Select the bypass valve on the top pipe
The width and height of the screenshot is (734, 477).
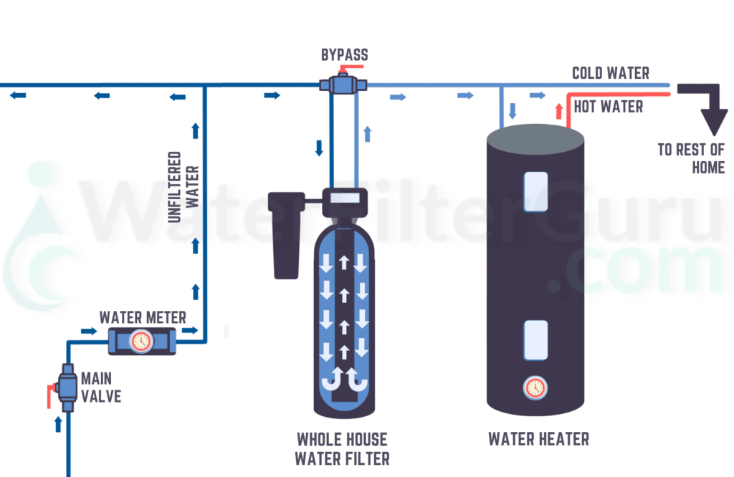(343, 85)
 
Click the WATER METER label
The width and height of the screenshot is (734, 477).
(143, 317)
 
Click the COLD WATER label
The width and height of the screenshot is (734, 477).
(611, 73)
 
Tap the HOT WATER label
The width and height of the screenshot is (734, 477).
(608, 107)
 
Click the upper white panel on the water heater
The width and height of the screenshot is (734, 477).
(535, 191)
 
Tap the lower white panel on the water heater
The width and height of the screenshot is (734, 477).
(535, 339)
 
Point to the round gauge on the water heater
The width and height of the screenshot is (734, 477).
(535, 387)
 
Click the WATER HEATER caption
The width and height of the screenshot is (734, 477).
(538, 439)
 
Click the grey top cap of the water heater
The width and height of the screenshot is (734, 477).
(535, 136)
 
